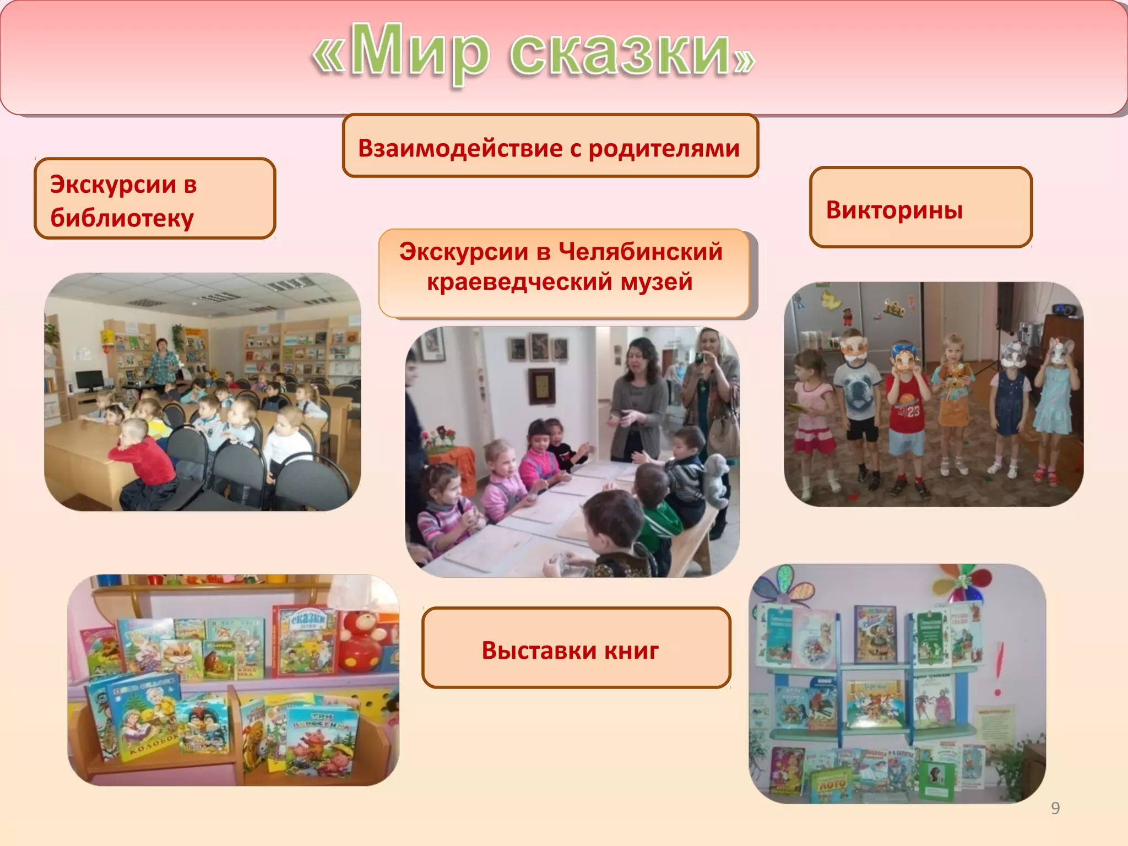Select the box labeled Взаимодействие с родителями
(x=550, y=147)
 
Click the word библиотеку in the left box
(x=122, y=219)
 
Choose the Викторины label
(x=894, y=210)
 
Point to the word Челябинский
(x=640, y=252)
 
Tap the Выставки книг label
(x=570, y=650)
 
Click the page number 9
(x=1055, y=808)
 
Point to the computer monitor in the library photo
(x=89, y=380)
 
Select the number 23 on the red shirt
(x=913, y=411)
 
